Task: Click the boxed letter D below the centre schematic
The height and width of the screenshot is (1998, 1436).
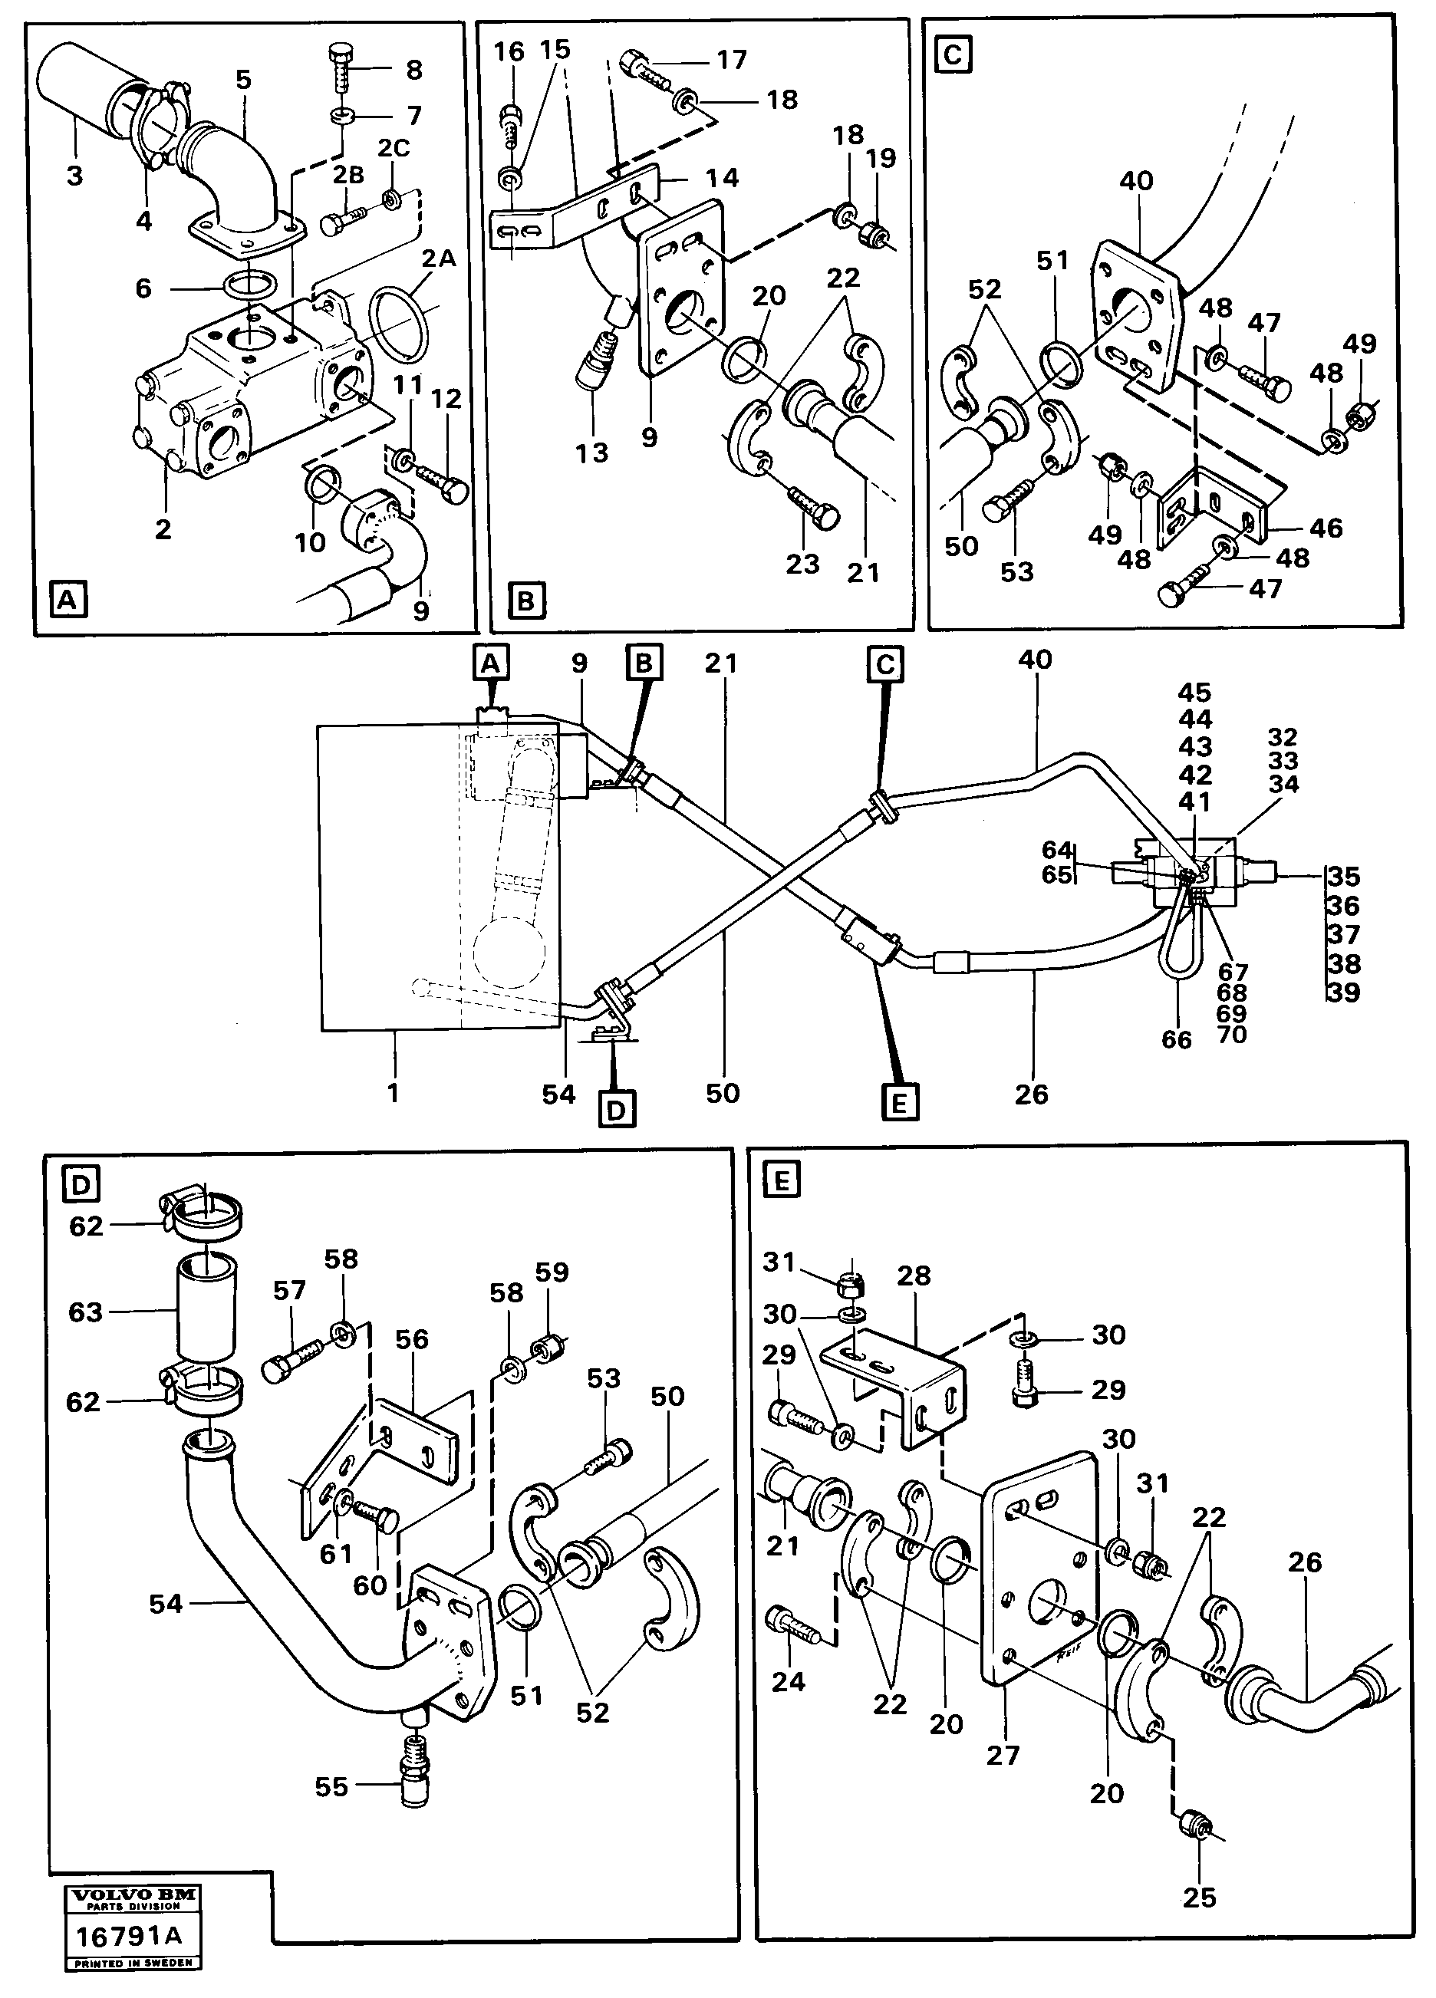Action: coord(616,1110)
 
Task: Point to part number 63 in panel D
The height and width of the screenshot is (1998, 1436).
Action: coord(85,1312)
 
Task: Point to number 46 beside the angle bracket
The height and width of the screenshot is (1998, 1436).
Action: coord(1326,528)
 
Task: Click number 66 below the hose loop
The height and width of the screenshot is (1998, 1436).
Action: coord(1176,1039)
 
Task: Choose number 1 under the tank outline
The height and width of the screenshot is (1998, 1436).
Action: coord(393,1092)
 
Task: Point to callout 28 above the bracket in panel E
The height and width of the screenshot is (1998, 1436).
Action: coord(914,1276)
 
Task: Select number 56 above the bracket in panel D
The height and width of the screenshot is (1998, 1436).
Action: coord(411,1340)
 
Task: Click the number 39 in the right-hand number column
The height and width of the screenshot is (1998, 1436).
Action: coord(1343,992)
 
